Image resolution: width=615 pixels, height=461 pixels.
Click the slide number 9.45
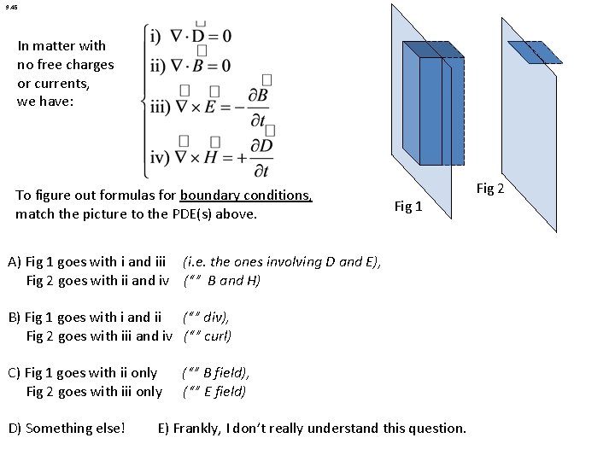click(x=10, y=7)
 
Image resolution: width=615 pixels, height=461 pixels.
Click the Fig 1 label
click(x=407, y=206)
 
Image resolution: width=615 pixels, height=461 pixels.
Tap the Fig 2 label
click(x=490, y=188)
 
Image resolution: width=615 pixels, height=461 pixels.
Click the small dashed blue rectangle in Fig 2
click(x=536, y=52)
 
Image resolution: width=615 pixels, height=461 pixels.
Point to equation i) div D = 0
click(x=190, y=37)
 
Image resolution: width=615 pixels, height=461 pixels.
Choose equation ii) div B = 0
click(x=189, y=64)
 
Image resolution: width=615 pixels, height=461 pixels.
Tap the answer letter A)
click(x=14, y=262)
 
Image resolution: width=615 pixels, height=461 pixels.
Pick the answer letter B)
click(x=14, y=318)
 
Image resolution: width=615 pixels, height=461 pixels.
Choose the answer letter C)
click(x=14, y=372)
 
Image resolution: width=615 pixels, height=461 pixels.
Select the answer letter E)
click(x=163, y=428)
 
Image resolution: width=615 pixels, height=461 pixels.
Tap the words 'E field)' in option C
click(x=220, y=391)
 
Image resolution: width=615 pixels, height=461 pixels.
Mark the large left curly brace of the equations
click(x=143, y=102)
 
